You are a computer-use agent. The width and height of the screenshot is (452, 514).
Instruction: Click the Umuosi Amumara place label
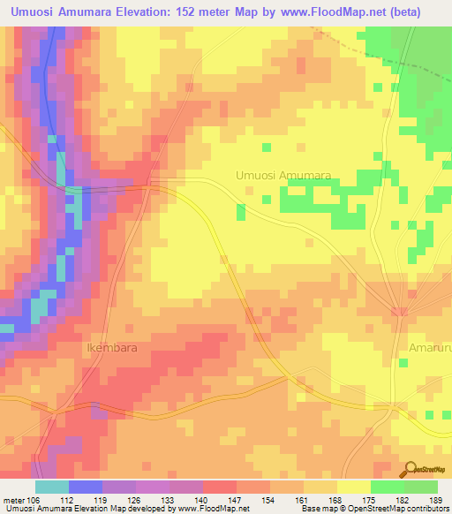click(x=282, y=176)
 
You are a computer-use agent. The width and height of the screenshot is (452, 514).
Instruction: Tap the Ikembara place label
click(x=112, y=348)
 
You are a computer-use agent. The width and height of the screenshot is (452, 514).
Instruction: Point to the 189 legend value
click(x=434, y=501)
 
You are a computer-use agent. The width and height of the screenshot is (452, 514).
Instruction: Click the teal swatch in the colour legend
click(x=52, y=487)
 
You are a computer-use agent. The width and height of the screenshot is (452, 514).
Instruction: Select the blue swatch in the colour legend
click(x=86, y=487)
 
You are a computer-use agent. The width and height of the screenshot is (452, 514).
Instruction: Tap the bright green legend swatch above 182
click(x=388, y=487)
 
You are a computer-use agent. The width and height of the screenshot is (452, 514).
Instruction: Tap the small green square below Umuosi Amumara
click(x=240, y=211)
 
